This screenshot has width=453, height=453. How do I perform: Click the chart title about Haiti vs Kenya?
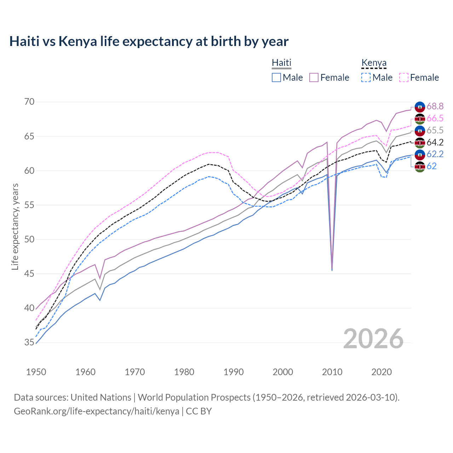(x=149, y=41)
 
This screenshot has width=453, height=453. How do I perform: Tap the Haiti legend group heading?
(x=281, y=63)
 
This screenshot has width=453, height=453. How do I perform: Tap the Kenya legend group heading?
(x=374, y=63)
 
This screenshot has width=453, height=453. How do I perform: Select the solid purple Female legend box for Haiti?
(x=314, y=78)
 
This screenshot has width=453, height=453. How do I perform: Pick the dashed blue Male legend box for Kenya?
(x=366, y=78)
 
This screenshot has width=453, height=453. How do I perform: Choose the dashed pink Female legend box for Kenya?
(x=404, y=78)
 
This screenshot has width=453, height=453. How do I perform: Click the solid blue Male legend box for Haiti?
(x=276, y=78)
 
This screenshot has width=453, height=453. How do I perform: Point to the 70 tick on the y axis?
(x=29, y=102)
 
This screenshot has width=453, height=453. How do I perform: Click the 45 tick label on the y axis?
(x=29, y=274)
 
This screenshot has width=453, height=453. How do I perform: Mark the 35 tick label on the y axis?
(x=29, y=342)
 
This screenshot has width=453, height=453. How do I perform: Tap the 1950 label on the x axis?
(x=36, y=372)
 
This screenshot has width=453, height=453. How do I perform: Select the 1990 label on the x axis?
(x=234, y=372)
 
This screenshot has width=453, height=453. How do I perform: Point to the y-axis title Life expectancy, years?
(x=15, y=226)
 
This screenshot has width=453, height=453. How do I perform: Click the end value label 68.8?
(x=435, y=106)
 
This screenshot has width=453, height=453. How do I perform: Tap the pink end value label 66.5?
(x=435, y=118)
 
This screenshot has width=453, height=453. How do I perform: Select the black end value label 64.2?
(x=435, y=142)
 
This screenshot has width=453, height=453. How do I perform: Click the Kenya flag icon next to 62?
(x=420, y=167)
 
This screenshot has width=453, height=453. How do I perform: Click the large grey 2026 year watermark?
(x=373, y=339)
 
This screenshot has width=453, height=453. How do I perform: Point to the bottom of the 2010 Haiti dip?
(x=332, y=270)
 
